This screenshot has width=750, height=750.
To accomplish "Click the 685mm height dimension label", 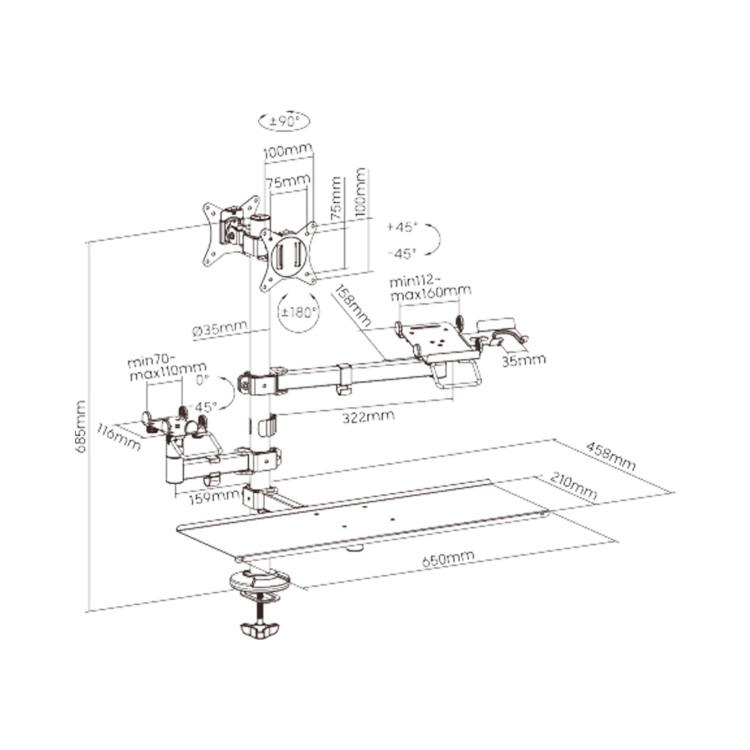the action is (x=81, y=427).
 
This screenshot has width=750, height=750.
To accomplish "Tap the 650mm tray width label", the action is (x=448, y=559).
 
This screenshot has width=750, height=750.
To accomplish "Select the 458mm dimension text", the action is (x=610, y=456).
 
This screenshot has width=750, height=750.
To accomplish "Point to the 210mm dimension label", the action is (x=574, y=486).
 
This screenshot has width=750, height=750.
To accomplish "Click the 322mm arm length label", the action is (x=368, y=416).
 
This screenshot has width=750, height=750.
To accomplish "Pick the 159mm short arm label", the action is (x=214, y=498).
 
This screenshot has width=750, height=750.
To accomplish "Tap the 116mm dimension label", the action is (x=118, y=436).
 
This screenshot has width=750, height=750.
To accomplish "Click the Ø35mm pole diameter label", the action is (x=220, y=329).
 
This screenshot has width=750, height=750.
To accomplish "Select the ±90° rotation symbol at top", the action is (x=284, y=121).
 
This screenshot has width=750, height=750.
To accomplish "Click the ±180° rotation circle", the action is (x=298, y=312).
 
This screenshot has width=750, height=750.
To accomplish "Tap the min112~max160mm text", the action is (x=430, y=288).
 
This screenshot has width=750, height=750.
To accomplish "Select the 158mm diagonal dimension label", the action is (x=352, y=305).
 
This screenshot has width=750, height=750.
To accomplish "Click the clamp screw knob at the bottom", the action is (x=259, y=631).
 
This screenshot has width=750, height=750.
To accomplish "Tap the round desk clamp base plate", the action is (x=260, y=581).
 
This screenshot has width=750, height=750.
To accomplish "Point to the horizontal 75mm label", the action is (x=289, y=182).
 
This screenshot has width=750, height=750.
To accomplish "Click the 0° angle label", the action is (x=202, y=380).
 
